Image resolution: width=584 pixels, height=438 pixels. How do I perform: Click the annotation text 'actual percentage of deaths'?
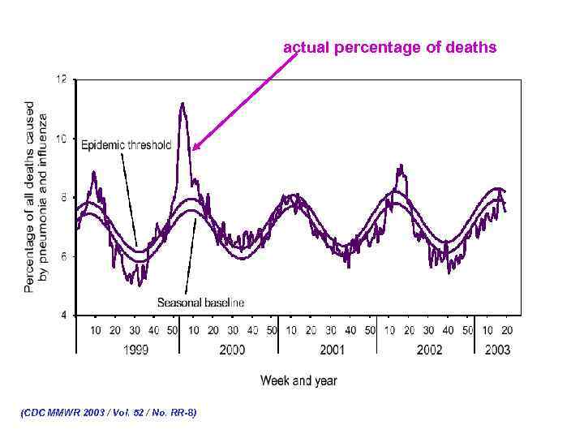point(389,48)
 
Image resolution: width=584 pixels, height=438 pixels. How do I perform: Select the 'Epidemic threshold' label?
point(126,145)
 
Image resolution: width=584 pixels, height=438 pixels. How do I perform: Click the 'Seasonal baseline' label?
point(200,303)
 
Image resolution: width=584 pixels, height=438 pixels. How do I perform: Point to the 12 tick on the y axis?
point(62,79)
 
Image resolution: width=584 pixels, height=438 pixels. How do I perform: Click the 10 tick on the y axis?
point(62,139)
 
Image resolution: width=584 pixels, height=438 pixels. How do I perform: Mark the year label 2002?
point(429,350)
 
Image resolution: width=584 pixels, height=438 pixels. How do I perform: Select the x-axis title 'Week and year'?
point(298,380)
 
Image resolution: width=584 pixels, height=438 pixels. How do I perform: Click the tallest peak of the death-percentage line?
point(182,103)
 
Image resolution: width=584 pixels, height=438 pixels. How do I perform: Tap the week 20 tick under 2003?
point(507,330)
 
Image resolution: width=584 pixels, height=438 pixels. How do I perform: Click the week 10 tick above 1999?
point(96,330)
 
